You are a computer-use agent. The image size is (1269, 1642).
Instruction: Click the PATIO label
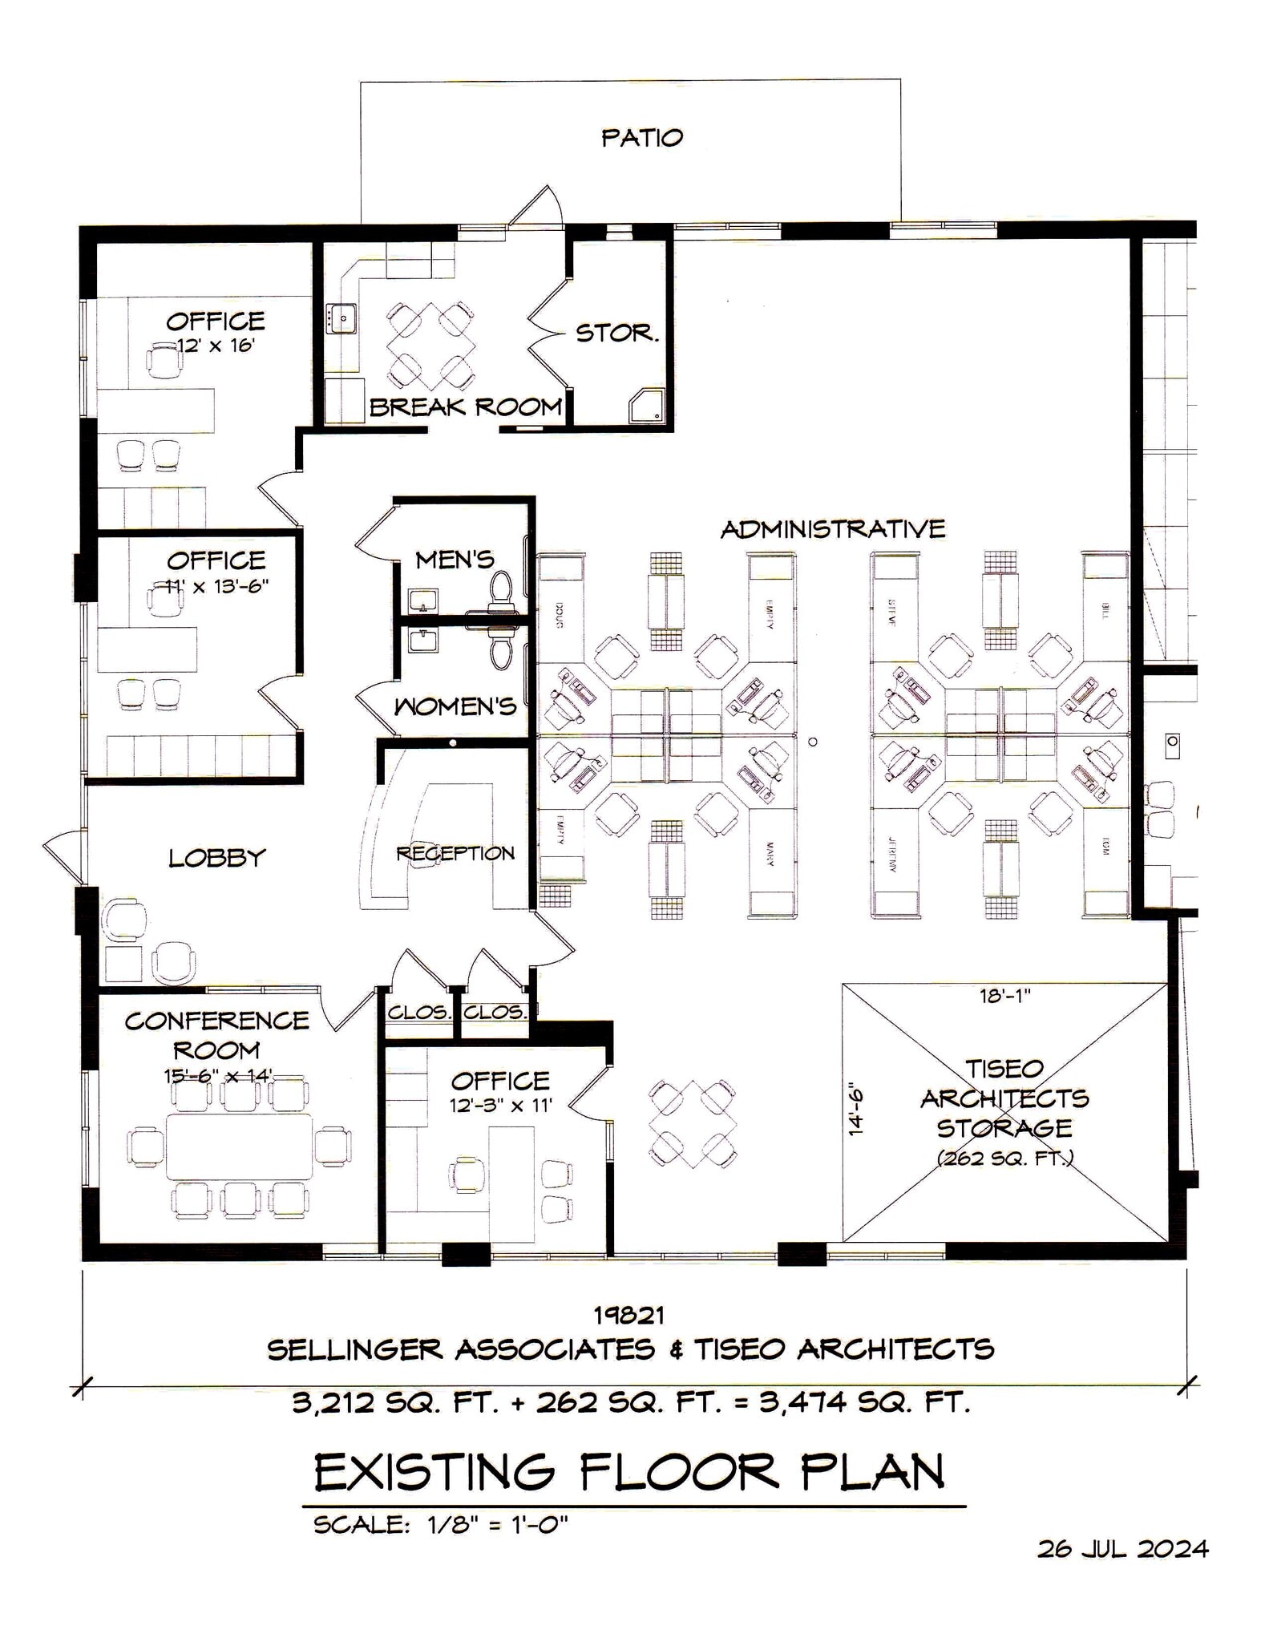[x=641, y=138]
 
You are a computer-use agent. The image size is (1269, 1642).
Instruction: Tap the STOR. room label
[x=616, y=333]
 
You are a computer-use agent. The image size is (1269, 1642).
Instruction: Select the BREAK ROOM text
[x=465, y=407]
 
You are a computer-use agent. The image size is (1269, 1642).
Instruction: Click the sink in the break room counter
[x=342, y=318]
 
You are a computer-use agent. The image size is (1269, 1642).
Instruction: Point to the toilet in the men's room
[x=501, y=587]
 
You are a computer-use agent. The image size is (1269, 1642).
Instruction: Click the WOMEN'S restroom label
[x=455, y=706]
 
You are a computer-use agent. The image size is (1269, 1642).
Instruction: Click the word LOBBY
[x=216, y=859]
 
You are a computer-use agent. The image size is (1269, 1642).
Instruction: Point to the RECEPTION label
[x=455, y=853]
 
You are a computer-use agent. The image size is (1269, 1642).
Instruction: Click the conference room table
[x=239, y=1145]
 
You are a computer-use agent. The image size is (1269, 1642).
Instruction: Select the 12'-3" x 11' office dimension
[x=500, y=1105]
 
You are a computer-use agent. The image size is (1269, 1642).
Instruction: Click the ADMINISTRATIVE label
[x=832, y=529]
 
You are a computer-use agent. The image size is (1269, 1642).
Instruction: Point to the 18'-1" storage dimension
[x=1004, y=996]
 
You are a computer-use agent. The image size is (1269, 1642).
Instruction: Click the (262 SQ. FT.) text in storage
[x=1004, y=1158]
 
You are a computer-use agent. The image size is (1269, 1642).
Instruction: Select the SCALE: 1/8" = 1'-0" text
[x=440, y=1524]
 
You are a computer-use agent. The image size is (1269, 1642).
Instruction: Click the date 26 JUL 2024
[x=1122, y=1549]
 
